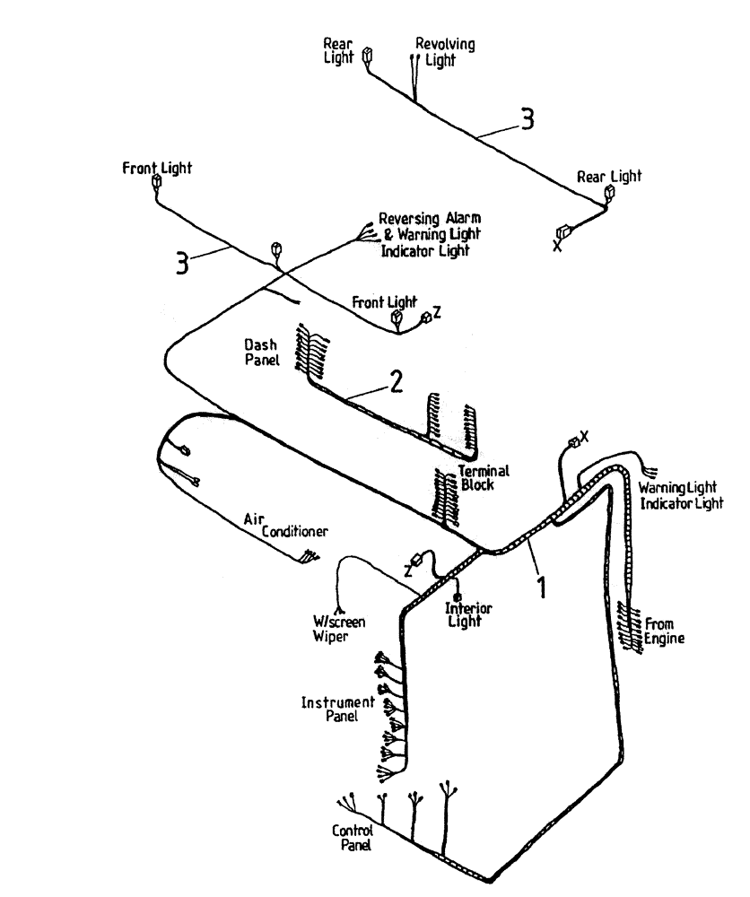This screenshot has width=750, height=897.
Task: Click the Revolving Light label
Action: tap(445, 52)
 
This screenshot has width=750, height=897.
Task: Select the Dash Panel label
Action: tap(262, 352)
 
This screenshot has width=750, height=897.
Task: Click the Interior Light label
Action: tap(469, 614)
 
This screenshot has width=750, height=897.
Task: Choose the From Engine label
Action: tap(665, 631)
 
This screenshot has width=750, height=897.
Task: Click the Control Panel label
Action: tap(353, 837)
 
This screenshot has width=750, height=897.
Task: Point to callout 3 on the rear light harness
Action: tap(528, 119)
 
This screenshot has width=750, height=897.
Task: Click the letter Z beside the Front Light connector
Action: tap(437, 310)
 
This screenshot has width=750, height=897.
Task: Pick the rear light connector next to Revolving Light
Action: tap(367, 57)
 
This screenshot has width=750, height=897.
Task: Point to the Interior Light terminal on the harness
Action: tap(458, 597)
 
